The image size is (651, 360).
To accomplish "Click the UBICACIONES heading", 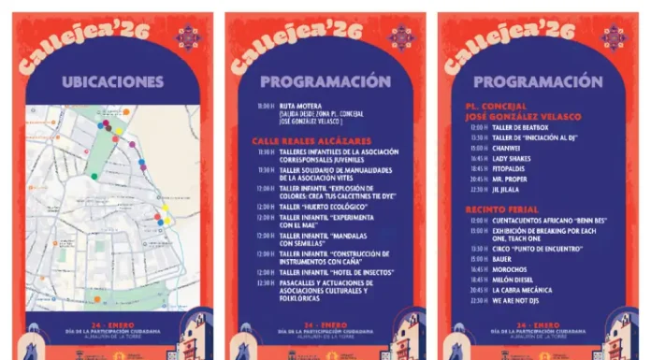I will point(113,81).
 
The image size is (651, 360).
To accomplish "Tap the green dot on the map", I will point(94,176).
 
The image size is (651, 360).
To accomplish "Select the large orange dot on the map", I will point(126,111).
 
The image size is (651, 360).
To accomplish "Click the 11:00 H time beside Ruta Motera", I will point(266,107).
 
